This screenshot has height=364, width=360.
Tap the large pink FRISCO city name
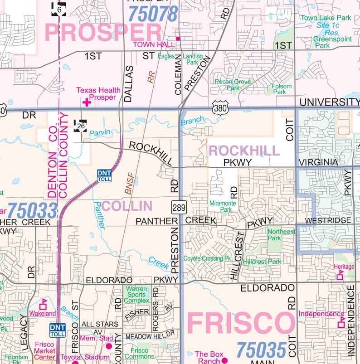pyautogui.click(x=241, y=324)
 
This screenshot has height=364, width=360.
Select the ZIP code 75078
pyautogui.click(x=153, y=13)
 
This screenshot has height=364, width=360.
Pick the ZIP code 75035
pyautogui.click(x=262, y=349)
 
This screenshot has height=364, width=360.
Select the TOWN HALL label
pyautogui.click(x=154, y=44)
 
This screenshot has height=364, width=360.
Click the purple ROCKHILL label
pyautogui.click(x=243, y=150)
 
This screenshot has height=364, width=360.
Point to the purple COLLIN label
pyautogui.click(x=126, y=206)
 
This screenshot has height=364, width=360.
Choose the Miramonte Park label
pyautogui.click(x=222, y=206)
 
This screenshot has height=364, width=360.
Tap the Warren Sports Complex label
pyautogui.click(x=136, y=295)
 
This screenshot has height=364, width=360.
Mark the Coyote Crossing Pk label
pyautogui.click(x=207, y=258)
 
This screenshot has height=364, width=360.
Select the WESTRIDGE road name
pyautogui.click(x=328, y=220)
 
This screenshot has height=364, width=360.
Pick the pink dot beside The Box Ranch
pyautogui.click(x=224, y=360)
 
